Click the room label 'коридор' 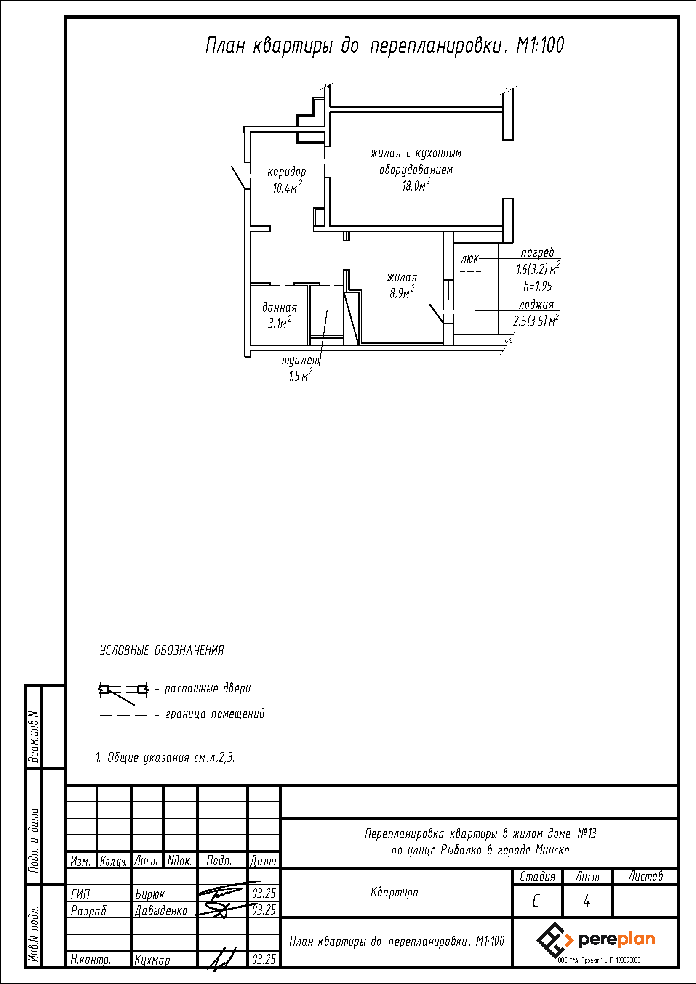[287, 172]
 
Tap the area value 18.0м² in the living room [416, 185]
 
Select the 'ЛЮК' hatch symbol [470, 259]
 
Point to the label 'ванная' [280, 307]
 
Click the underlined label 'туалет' [301, 361]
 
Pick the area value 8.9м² [402, 292]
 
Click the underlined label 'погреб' [537, 253]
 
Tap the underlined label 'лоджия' [536, 305]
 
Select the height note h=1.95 [537, 286]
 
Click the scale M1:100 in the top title [540, 45]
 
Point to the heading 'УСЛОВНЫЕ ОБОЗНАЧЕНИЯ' [162, 650]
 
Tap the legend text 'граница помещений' [215, 714]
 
